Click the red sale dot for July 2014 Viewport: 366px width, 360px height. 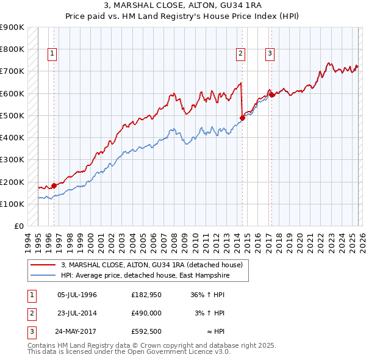[242, 118]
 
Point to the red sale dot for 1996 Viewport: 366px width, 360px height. [54, 185]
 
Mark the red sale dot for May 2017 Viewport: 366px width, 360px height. [272, 95]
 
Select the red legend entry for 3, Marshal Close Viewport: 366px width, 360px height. [151, 265]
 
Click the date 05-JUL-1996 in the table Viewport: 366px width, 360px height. [77, 295]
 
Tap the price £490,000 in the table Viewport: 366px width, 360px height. [146, 313]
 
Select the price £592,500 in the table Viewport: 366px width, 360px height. [146, 332]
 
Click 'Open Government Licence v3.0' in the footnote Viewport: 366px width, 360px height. [177, 352]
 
